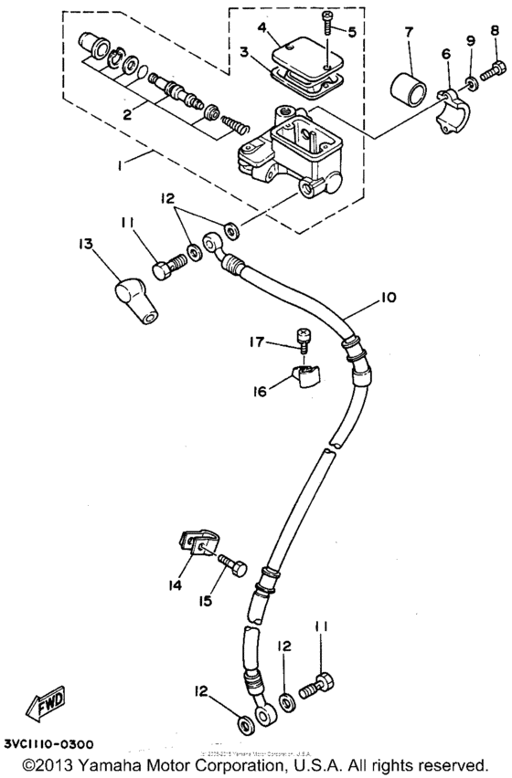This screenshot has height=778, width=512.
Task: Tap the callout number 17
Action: click(x=258, y=342)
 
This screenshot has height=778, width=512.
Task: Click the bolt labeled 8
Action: click(x=495, y=67)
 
